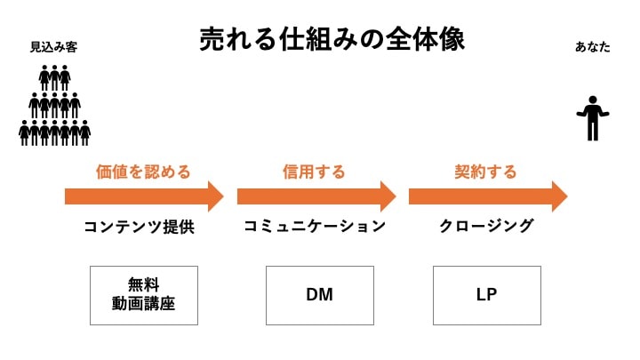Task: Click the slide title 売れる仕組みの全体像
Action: [x=332, y=40]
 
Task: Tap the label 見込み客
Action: [x=54, y=47]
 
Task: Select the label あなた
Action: [x=593, y=47]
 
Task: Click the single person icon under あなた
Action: [x=593, y=118]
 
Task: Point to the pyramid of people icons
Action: [x=55, y=105]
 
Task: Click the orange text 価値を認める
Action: [x=143, y=172]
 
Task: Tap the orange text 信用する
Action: [x=314, y=172]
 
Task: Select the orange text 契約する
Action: [x=485, y=172]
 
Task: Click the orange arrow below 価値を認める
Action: [x=144, y=196]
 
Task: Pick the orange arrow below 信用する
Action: [x=316, y=196]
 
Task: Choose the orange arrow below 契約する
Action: [x=488, y=196]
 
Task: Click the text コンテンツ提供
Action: [x=140, y=227]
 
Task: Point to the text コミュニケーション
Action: [x=315, y=226]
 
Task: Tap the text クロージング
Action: [x=486, y=226]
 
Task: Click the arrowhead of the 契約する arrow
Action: [x=560, y=196]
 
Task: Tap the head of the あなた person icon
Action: [x=593, y=100]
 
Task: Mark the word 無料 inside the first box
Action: [x=143, y=284]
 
